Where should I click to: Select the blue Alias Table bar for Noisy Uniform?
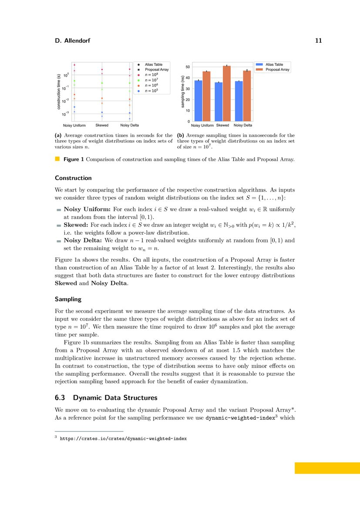pos(198,101)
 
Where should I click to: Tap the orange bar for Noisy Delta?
pos(247,96)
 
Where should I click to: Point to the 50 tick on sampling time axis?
pos(187,67)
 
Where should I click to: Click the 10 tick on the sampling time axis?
pos(187,111)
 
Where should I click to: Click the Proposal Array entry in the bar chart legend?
pos(277,70)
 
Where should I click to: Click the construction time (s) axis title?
pos(58,91)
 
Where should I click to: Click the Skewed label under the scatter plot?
pos(102,125)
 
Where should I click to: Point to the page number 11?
pos(318,41)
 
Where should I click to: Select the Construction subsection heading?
pos(73,178)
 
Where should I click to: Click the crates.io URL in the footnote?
pos(123,438)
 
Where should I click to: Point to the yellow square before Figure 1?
pos(57,159)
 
